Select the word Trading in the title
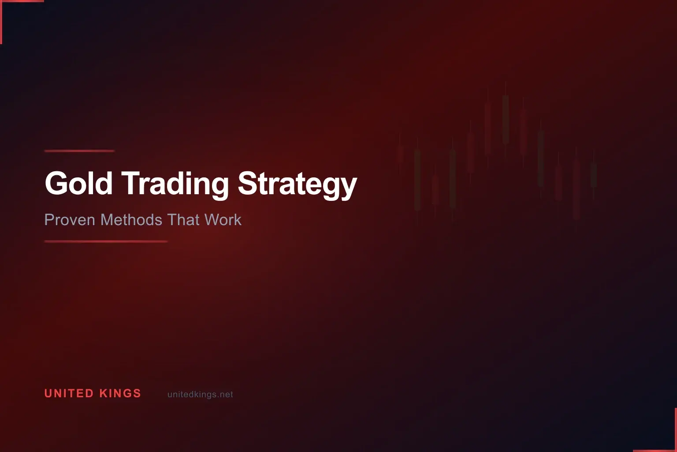(x=175, y=184)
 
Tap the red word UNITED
(x=69, y=393)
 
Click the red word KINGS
(x=120, y=393)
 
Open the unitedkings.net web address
(x=200, y=395)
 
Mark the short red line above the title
(x=79, y=151)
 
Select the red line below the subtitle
(x=106, y=241)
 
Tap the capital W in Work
(x=212, y=220)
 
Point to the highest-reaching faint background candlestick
(x=506, y=119)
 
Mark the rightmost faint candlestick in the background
(x=594, y=174)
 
